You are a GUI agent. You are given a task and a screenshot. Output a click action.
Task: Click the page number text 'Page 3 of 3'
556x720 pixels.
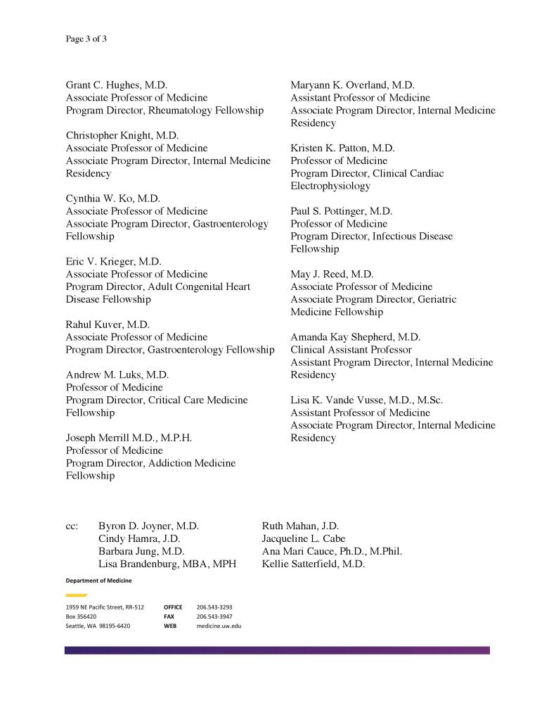point(86,39)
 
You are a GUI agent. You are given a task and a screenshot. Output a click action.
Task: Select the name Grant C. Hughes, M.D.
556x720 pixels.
point(117,85)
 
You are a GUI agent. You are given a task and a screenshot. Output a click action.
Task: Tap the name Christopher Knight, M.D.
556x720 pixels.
point(122,135)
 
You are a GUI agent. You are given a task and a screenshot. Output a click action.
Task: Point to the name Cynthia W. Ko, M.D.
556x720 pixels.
point(113,198)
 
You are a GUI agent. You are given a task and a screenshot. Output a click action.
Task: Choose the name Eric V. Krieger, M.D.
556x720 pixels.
point(113,261)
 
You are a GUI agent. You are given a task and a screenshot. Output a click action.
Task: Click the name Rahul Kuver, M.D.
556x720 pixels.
point(108,324)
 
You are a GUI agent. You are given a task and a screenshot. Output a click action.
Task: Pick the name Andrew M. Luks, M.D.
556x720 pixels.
point(117,375)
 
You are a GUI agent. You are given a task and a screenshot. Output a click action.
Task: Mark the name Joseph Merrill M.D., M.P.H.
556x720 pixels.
point(129,438)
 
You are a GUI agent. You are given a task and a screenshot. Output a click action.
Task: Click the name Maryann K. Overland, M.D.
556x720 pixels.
point(352,85)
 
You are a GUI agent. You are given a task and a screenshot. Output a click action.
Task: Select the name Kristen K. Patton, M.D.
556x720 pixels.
point(342,148)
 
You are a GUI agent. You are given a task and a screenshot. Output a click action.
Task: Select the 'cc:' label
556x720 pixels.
point(72,526)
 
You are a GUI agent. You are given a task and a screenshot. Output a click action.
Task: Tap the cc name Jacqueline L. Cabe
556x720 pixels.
point(303,538)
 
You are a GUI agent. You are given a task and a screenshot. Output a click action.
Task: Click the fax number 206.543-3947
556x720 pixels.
point(214,616)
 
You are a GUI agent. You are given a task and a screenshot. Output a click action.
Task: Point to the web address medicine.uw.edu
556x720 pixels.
point(219,626)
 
